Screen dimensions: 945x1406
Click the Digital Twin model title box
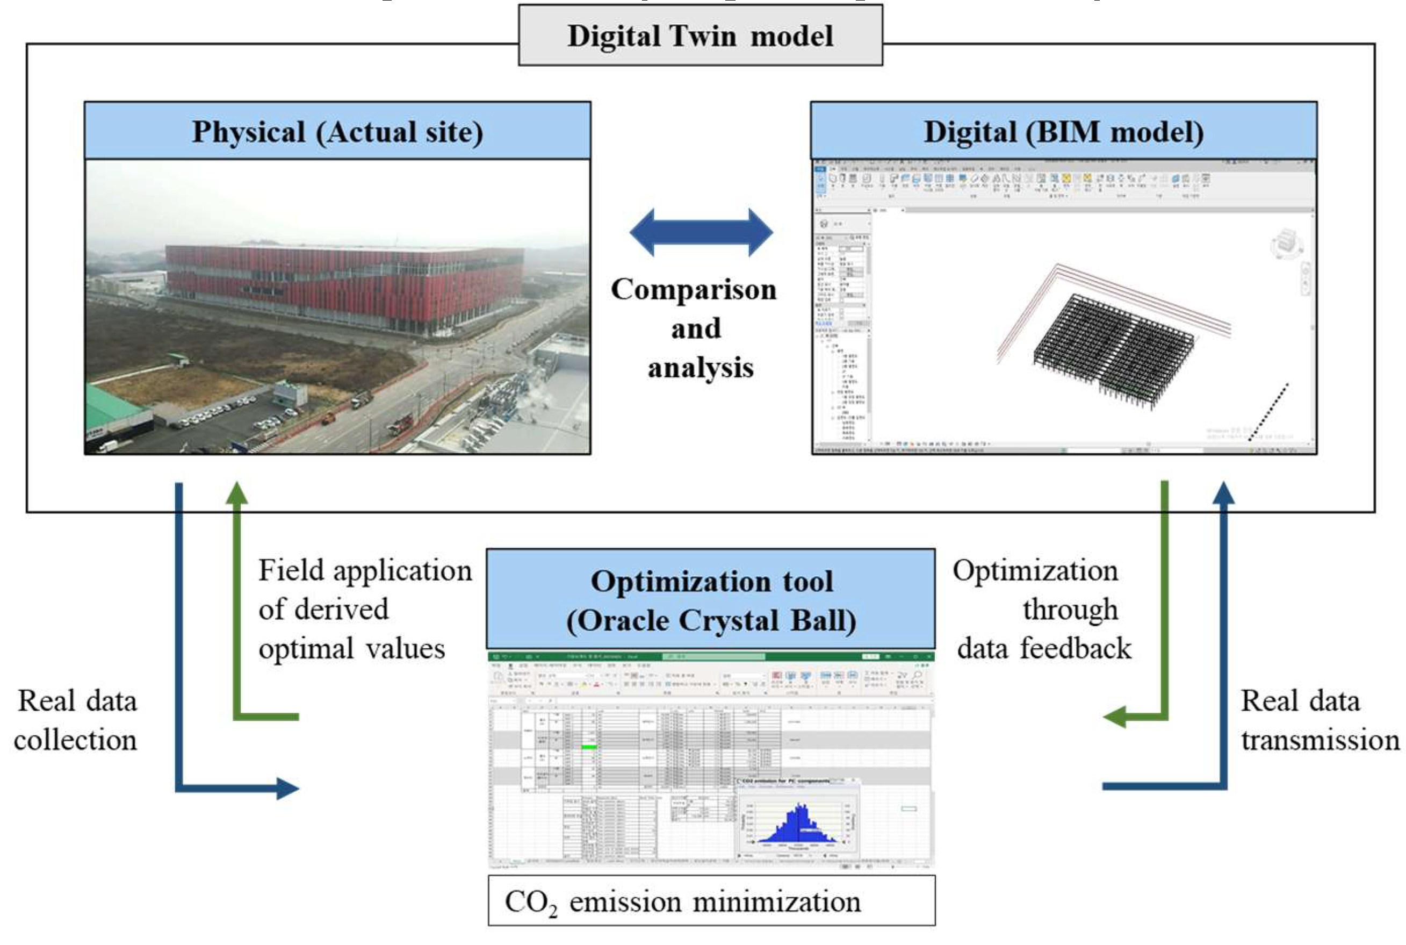tap(700, 35)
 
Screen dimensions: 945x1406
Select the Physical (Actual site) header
tap(337, 131)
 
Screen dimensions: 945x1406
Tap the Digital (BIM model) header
tap(1063, 131)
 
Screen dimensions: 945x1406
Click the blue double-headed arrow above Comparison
tap(701, 233)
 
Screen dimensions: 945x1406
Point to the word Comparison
tap(694, 290)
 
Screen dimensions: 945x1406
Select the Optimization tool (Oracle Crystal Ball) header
tap(711, 600)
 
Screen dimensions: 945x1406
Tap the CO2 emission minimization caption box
tap(711, 901)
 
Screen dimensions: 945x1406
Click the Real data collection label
tap(76, 720)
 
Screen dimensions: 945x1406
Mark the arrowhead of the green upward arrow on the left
tap(237, 492)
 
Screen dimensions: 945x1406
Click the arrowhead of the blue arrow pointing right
tap(287, 787)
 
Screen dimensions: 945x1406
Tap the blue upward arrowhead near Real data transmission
tap(1223, 492)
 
